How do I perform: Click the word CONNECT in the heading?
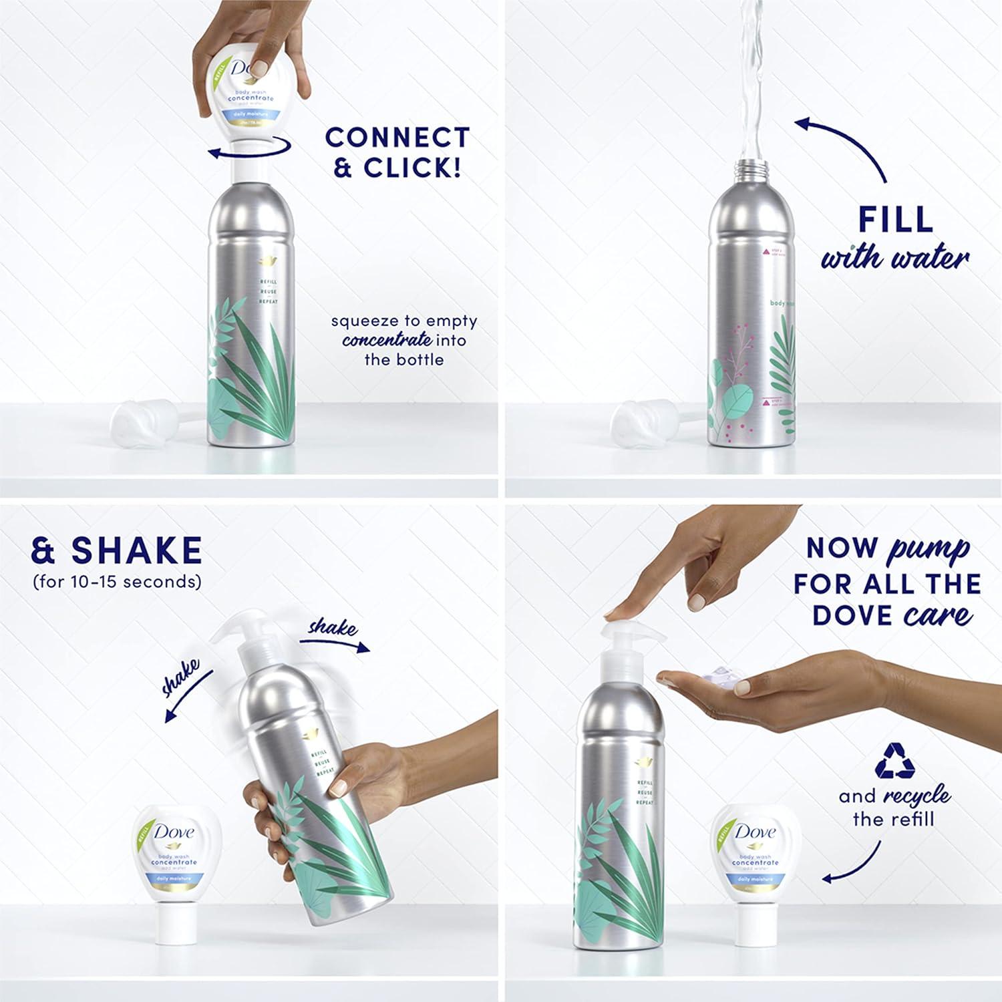397,138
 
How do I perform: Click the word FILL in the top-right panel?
895,220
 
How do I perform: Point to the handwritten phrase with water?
894,258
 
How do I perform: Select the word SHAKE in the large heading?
136,550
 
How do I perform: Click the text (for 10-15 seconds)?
117,582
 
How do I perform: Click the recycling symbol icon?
895,761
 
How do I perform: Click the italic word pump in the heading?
928,549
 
